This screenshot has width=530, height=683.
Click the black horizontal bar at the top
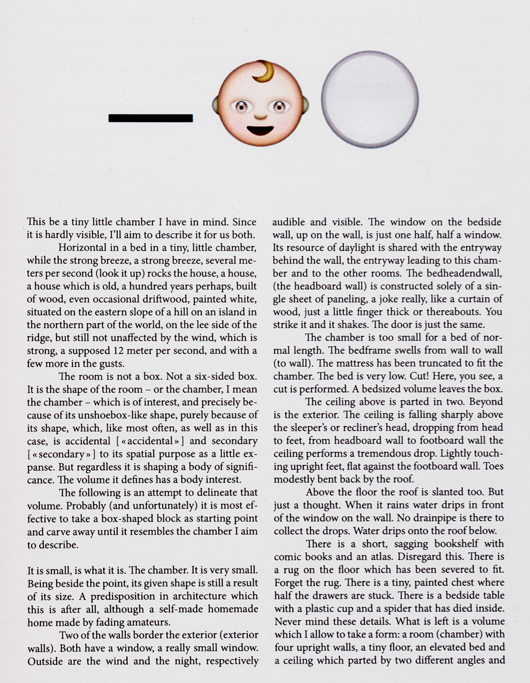pos(150,118)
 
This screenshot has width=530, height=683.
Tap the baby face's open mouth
pos(260,130)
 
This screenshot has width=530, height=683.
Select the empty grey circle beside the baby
pos(370,99)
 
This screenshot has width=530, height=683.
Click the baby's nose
pos(260,116)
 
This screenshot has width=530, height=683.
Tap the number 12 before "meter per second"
pos(117,350)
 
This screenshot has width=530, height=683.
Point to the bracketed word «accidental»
pos(151,441)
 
